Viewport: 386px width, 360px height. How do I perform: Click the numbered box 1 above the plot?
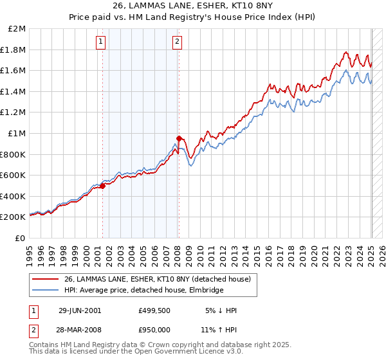102,42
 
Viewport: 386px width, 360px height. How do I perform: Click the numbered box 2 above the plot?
177,42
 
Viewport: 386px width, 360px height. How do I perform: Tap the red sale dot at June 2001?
102,186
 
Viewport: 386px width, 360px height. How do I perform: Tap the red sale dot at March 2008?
179,138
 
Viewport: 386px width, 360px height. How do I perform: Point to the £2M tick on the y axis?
18,29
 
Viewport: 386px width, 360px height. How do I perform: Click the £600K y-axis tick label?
14,175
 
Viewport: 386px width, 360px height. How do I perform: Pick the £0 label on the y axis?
21,238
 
